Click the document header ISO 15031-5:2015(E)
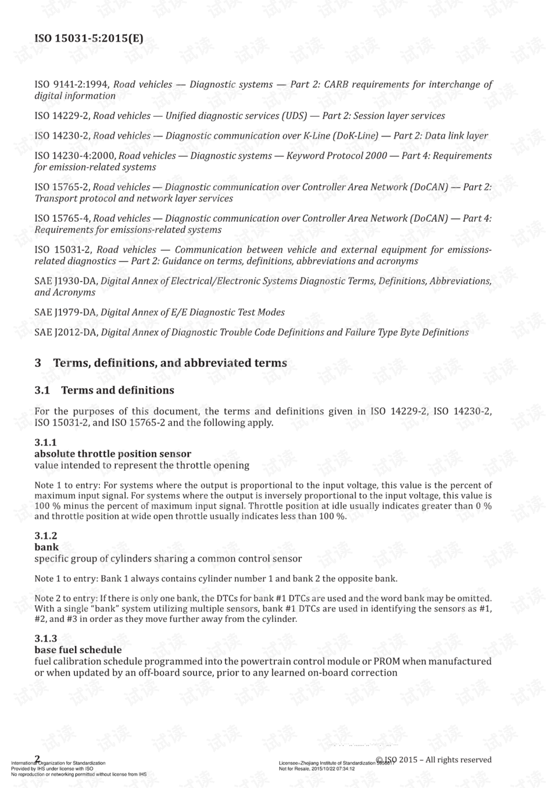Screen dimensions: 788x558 (89, 39)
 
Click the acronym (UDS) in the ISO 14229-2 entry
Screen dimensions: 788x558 (294, 116)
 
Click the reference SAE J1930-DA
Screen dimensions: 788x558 (65, 281)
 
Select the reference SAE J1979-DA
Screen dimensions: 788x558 (65, 312)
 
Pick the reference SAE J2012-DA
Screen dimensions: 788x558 (65, 333)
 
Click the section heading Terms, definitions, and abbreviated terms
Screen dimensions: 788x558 (170, 363)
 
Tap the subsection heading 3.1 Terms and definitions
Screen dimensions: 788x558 (105, 390)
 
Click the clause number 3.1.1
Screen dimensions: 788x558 (46, 442)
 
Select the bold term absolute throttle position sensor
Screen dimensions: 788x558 (113, 454)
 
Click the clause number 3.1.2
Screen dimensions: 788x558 (46, 535)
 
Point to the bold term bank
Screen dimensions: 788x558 (46, 547)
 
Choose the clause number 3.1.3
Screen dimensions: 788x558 (46, 638)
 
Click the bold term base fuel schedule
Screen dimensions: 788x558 (78, 650)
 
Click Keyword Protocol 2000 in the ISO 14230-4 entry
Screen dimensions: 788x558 (337, 156)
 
